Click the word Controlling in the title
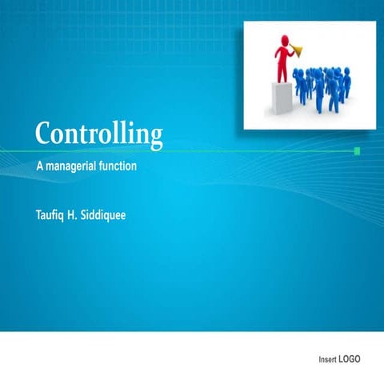[98, 134]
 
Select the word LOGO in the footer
[350, 359]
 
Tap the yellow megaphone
[300, 51]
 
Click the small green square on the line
[357, 150]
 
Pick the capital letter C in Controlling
[45, 132]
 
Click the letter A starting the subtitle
[40, 166]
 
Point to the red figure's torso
[282, 56]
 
